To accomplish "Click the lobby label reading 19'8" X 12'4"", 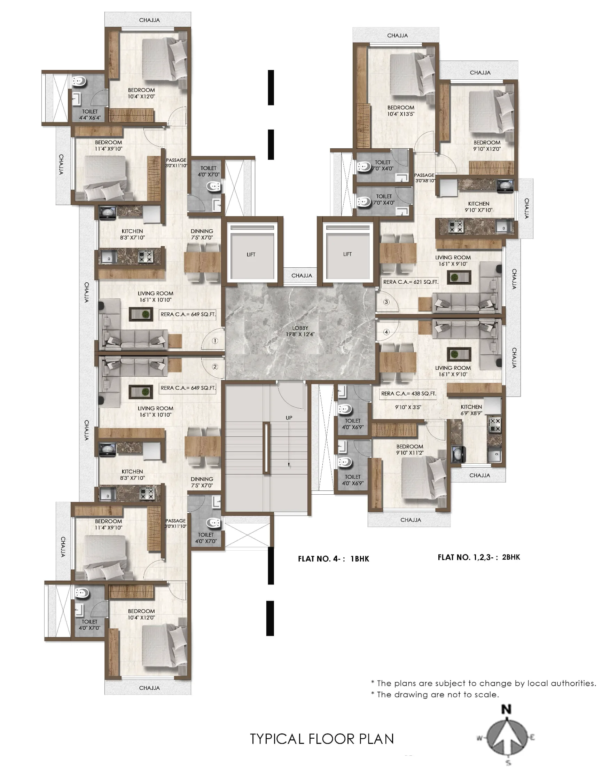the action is (x=300, y=335).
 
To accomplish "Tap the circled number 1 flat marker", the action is (x=214, y=341).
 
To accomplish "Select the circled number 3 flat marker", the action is (x=386, y=302).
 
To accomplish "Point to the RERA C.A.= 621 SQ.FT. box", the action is (x=410, y=282).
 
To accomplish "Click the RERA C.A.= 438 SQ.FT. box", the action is (x=408, y=393).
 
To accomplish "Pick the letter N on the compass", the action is (x=507, y=710).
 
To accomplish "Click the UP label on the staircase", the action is (x=289, y=418).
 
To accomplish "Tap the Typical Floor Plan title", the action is (x=322, y=739).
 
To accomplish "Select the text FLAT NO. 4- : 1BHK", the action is (x=334, y=559).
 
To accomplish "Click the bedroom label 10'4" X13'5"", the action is (x=401, y=114).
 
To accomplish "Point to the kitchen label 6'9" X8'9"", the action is (x=471, y=413).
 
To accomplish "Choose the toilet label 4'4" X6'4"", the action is (x=89, y=117).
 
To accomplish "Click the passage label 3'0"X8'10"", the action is (x=425, y=181).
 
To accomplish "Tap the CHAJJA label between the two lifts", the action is (x=302, y=276).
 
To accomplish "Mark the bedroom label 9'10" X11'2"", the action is (x=410, y=453).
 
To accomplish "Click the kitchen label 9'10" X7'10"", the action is (x=479, y=210).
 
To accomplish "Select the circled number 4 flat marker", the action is (x=386, y=332).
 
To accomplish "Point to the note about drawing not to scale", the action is (x=435, y=695).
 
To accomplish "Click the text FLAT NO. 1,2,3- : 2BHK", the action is (x=479, y=557).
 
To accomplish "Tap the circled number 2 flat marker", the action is (x=214, y=367).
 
